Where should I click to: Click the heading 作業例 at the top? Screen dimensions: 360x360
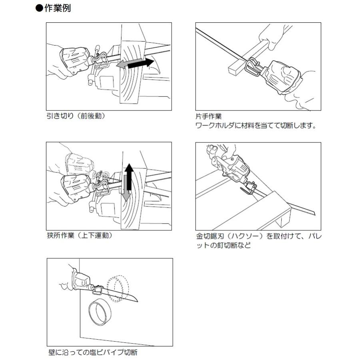pos(57,8)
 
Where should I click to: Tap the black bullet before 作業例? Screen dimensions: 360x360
pos(39,8)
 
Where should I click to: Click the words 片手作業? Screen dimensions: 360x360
pos(208,117)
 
